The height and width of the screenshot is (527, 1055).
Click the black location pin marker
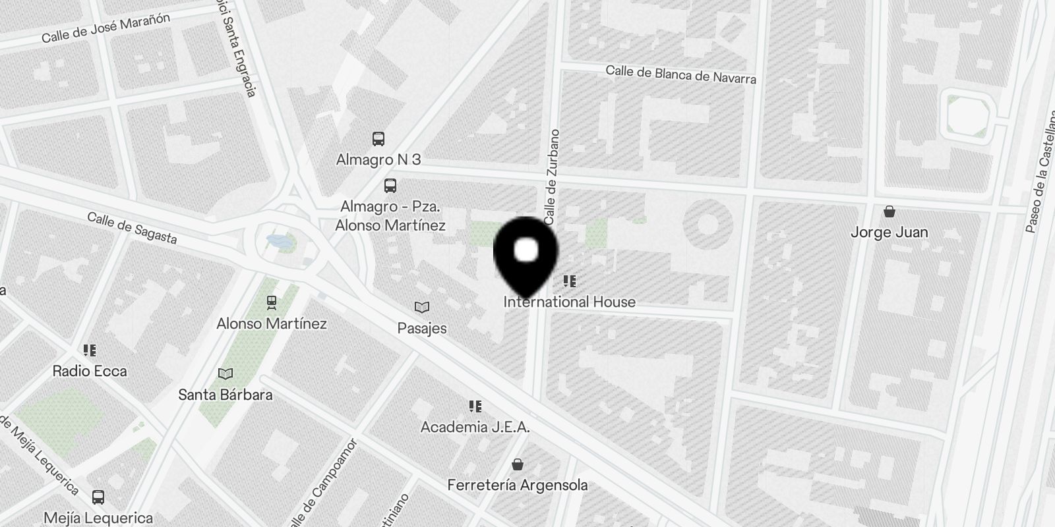click(x=526, y=254)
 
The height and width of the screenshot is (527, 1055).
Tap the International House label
click(x=570, y=302)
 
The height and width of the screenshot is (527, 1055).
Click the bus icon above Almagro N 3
click(x=378, y=139)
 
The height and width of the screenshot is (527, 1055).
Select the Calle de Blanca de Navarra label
click(x=680, y=74)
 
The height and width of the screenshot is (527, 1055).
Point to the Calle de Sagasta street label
click(x=132, y=227)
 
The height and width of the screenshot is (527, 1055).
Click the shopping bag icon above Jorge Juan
click(x=889, y=211)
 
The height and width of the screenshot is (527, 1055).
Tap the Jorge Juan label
click(x=889, y=233)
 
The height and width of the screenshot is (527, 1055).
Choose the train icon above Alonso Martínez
click(x=271, y=302)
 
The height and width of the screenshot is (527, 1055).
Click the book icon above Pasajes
click(x=422, y=307)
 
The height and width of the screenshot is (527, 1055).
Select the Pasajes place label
click(x=422, y=328)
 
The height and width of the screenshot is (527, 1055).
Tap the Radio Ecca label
click(x=90, y=371)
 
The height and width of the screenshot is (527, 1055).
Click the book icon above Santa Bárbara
click(x=226, y=374)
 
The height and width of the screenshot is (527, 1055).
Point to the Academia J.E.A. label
click(x=475, y=427)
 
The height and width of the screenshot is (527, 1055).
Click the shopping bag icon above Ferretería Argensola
click(x=518, y=464)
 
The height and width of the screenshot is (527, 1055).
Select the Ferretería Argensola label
click(x=518, y=485)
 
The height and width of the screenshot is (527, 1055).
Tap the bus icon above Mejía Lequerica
click(x=98, y=497)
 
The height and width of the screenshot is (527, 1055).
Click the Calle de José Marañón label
click(x=105, y=27)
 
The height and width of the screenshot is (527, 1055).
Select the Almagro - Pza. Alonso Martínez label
click(x=390, y=215)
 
